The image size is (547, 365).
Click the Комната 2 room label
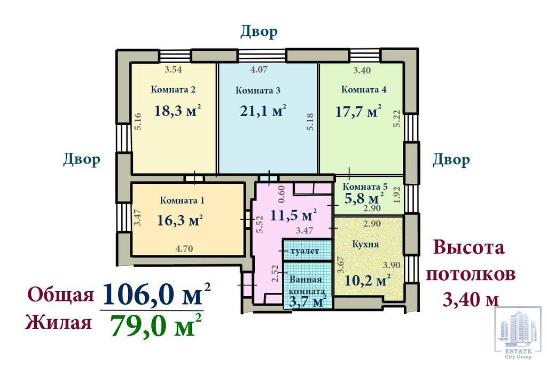point(173,89)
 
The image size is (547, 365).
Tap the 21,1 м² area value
point(263,111)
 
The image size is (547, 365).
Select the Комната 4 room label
point(363,89)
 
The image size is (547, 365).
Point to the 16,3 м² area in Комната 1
point(180,220)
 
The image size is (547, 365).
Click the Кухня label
point(365,244)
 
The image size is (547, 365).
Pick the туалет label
point(304,251)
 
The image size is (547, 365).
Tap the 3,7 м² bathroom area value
point(308,301)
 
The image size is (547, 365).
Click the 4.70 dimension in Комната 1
point(184,249)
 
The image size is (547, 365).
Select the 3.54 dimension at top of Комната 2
point(174,69)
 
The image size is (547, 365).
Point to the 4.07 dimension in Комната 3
point(259,69)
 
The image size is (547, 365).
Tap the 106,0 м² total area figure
point(157,294)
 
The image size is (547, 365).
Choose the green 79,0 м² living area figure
point(156,325)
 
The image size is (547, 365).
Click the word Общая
point(61,294)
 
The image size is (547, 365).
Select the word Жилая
point(58,322)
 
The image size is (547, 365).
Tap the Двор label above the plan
point(259,32)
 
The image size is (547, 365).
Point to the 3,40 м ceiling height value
point(471,299)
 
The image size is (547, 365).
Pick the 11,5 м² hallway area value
point(293,215)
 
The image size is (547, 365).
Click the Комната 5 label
point(365,187)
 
